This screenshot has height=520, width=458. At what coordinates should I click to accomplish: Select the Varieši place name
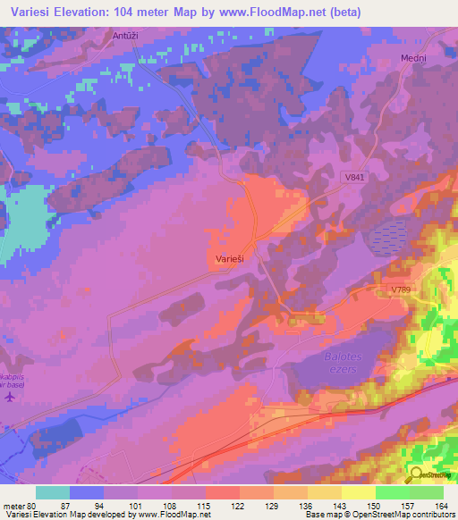coord(230,257)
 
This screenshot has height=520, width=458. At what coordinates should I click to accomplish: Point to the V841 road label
coord(356,179)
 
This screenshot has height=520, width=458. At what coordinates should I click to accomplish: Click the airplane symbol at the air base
coord(9,395)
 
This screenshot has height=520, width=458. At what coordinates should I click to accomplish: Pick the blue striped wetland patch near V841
coord(388,238)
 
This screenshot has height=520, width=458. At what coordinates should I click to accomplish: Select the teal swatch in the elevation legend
coord(53,492)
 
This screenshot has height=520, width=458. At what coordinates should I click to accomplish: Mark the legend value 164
coord(442,505)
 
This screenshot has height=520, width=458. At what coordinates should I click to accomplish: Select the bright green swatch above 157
coord(392,492)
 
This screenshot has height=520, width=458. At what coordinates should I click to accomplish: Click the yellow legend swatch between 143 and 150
coord(358,492)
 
